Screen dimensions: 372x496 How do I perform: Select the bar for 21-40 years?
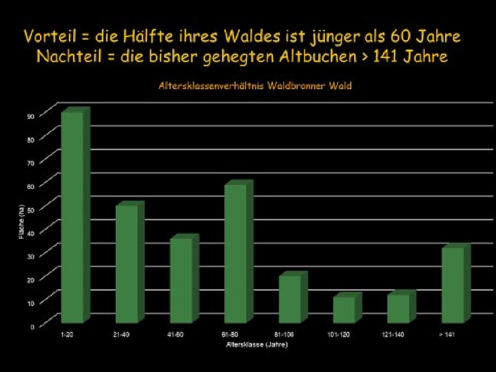(x=126, y=263)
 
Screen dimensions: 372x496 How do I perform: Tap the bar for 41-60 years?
(x=181, y=280)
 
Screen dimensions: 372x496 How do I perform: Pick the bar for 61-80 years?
(x=236, y=253)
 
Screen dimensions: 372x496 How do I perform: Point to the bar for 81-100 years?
(x=290, y=299)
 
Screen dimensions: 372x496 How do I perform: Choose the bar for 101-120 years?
(x=344, y=309)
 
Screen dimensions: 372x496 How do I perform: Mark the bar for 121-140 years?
(x=398, y=308)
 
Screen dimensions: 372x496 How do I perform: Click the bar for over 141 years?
(x=452, y=285)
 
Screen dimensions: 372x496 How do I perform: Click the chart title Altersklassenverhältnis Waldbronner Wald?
(x=255, y=86)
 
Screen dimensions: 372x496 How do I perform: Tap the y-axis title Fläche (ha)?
(x=22, y=220)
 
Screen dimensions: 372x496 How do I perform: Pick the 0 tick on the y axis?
(x=33, y=325)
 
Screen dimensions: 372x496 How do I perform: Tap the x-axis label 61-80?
(x=231, y=335)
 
